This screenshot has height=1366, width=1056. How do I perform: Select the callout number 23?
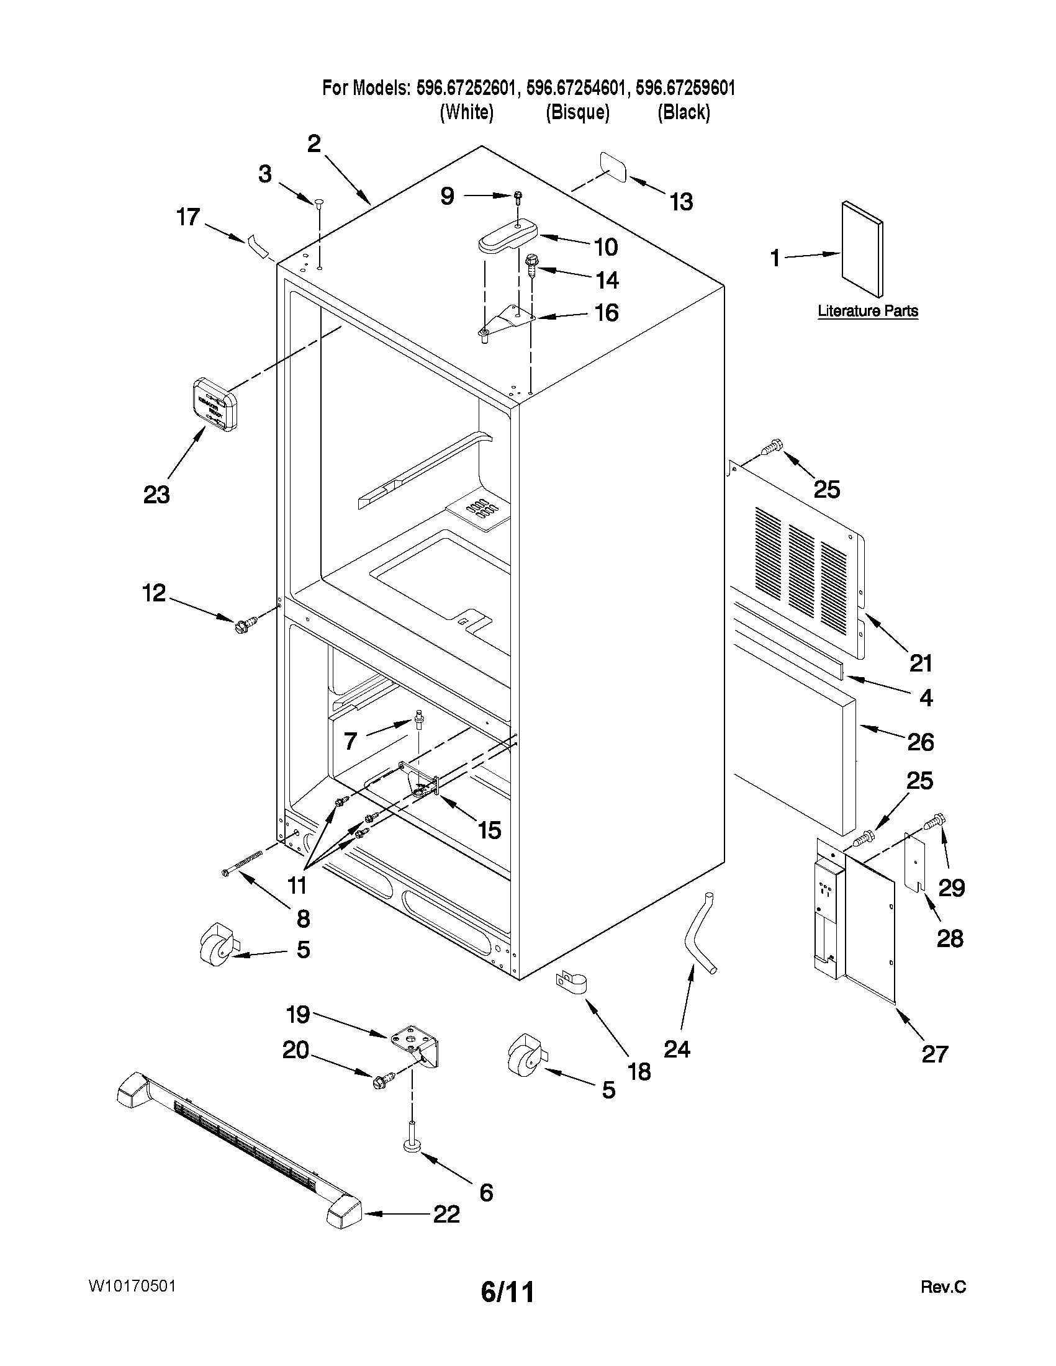tap(156, 495)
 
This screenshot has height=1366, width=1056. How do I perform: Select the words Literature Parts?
tap(868, 311)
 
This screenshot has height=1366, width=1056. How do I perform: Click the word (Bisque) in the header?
tap(577, 112)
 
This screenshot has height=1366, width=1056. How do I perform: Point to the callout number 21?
tap(921, 662)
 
